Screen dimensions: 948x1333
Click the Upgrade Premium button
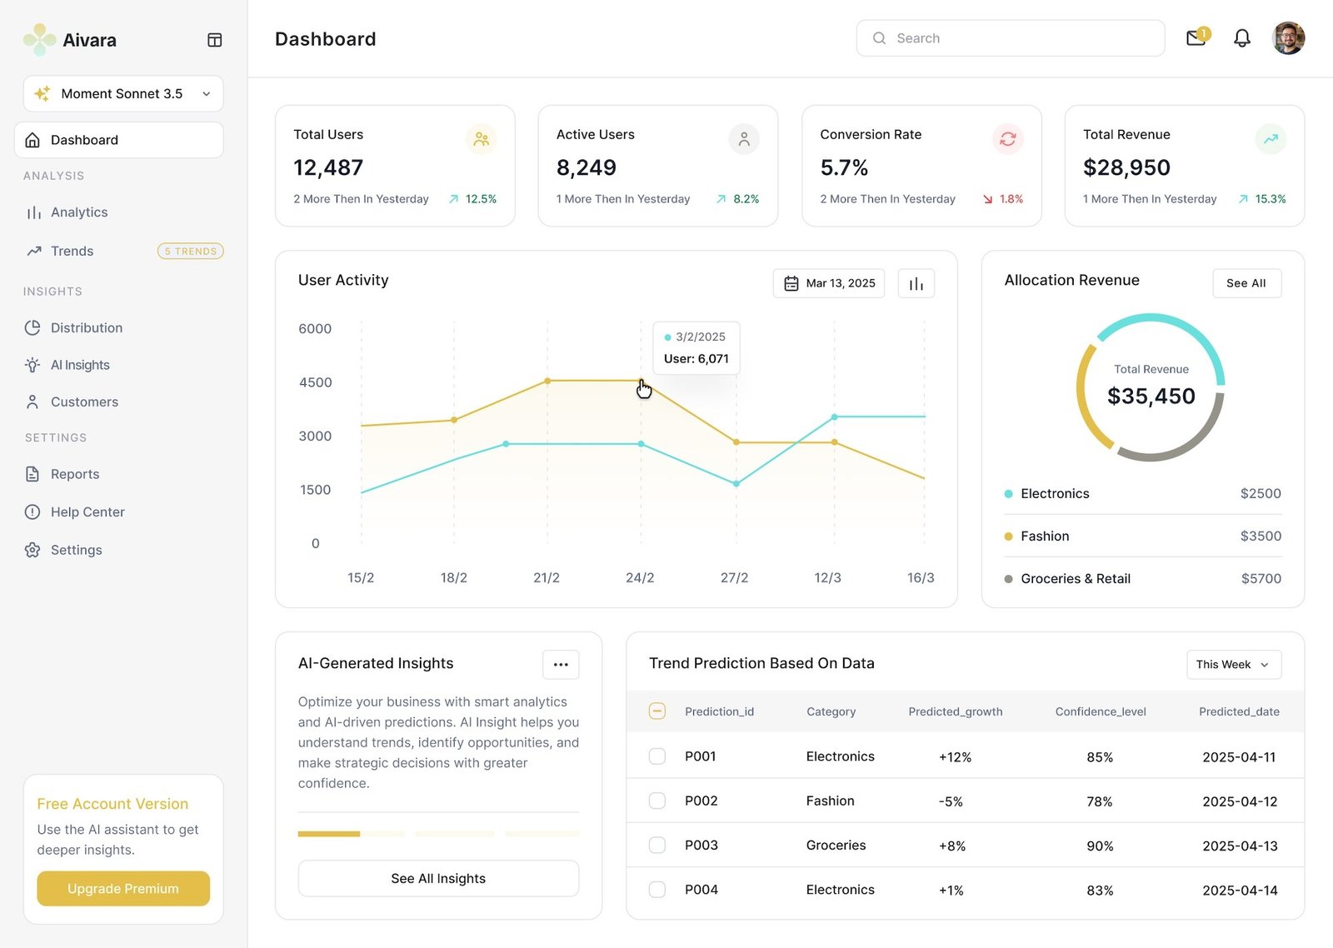click(123, 889)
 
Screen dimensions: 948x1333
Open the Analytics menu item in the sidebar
click(79, 212)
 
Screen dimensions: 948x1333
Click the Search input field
click(1010, 38)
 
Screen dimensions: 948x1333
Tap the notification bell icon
click(1241, 38)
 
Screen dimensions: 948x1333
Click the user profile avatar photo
click(1288, 38)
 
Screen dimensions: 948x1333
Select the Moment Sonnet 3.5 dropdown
click(123, 93)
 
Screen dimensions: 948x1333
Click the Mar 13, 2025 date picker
click(829, 283)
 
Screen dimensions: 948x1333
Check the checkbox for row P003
click(657, 846)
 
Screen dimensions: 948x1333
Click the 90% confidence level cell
click(1100, 846)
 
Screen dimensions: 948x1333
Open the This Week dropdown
click(1233, 665)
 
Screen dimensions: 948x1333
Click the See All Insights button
click(438, 879)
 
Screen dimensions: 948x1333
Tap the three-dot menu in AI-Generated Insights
click(561, 665)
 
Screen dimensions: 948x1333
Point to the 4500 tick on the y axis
click(315, 382)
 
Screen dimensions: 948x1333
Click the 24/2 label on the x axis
click(640, 578)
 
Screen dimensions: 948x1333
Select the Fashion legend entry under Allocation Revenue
click(1045, 536)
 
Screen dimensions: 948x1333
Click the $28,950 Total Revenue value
click(1126, 168)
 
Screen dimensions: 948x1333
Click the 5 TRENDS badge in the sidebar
click(191, 252)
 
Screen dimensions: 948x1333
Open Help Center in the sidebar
click(87, 512)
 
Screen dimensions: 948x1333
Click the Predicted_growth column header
click(956, 712)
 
